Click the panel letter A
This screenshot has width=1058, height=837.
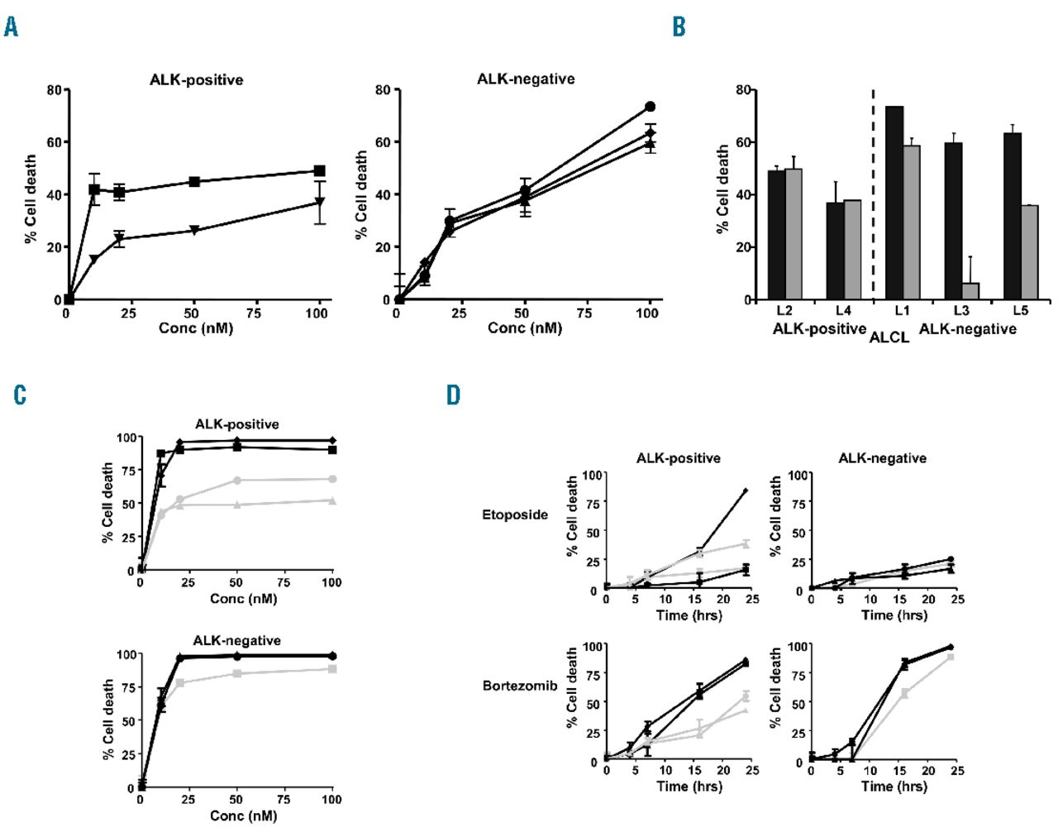click(x=11, y=27)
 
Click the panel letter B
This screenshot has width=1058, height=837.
click(x=679, y=27)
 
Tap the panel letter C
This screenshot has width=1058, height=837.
click(x=20, y=395)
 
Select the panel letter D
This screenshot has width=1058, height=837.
click(x=453, y=395)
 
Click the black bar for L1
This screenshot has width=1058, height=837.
click(x=894, y=203)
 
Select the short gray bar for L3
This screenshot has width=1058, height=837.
click(x=970, y=290)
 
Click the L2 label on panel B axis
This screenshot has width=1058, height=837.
click(x=784, y=311)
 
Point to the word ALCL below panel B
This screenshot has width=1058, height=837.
click(x=889, y=337)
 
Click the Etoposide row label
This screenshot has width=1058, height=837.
click(x=515, y=514)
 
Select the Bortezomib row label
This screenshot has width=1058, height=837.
click(x=520, y=686)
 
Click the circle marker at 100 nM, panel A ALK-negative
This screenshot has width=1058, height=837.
click(x=650, y=107)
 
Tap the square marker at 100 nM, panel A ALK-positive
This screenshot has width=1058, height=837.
click(x=319, y=170)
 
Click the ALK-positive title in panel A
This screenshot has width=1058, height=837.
click(x=196, y=80)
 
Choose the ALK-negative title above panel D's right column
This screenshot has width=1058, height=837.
click(x=882, y=458)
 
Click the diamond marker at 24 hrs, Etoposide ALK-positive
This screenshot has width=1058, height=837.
click(x=746, y=490)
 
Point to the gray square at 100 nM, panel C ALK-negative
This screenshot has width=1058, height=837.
click(x=332, y=668)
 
